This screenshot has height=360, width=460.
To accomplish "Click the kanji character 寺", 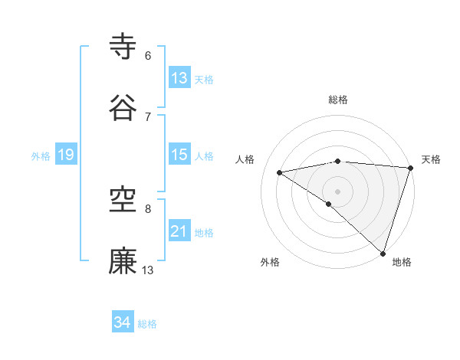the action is coord(123,46).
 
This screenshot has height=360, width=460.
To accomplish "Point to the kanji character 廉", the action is coord(123,260).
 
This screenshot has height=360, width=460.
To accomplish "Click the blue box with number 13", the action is coord(179,78).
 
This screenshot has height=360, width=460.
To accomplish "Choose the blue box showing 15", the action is coord(179,155).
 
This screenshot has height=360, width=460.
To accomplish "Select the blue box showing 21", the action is coord(179,231).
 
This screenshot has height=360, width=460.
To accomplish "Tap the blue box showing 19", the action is coord(65,155).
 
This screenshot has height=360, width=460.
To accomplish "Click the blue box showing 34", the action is coord(123,322).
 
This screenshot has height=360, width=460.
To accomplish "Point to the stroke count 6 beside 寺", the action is coord(148,56).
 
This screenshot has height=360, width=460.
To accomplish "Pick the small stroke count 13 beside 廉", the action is coord(148,270).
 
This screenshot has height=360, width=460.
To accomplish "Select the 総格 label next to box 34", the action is coord(148,324).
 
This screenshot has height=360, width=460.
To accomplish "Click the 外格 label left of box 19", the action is coord(41,156).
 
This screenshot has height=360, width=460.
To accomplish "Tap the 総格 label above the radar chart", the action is coord(338,100).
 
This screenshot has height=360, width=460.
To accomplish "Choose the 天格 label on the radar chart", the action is coord(431,159).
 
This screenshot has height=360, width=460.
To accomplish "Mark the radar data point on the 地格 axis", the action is coord(383,253).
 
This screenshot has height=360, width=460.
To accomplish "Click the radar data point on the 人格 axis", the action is coord(280,172).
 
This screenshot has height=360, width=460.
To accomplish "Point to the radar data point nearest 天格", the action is coord(410,167).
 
